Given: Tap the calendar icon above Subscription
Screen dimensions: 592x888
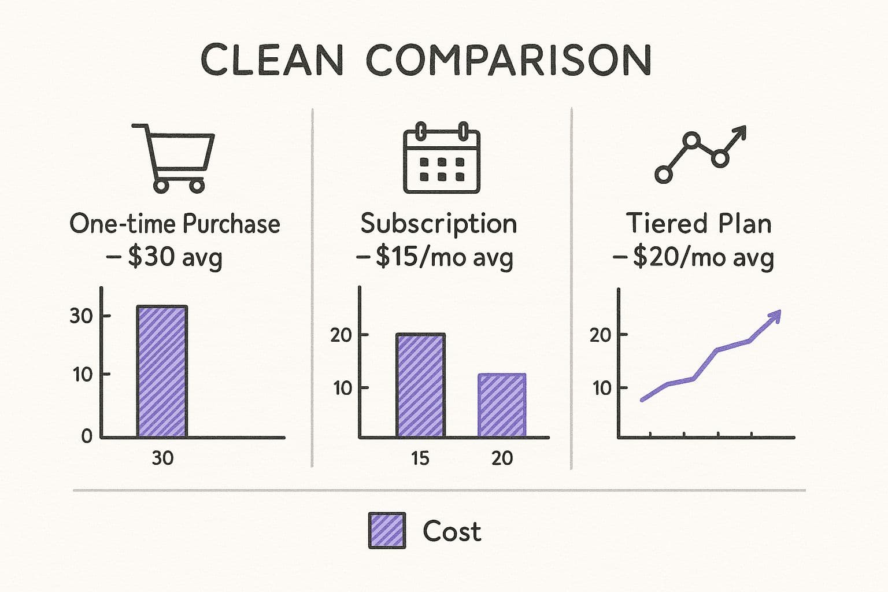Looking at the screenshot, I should pos(441,157).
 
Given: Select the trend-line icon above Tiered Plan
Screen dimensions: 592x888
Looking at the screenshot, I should pos(700,154).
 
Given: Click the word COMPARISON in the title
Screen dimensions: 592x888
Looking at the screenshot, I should pos(509,60).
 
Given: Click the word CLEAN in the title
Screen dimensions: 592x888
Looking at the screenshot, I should pos(272,60).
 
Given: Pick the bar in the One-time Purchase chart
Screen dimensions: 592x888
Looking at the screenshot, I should pos(162,371).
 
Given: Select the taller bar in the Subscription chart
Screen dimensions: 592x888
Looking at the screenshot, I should pos(420,385).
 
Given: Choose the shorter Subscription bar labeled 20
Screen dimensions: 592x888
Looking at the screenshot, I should pos(502,405).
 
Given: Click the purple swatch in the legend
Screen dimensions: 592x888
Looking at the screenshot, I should pos(387,530).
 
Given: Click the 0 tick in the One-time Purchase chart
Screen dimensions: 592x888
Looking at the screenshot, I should pos(86,436).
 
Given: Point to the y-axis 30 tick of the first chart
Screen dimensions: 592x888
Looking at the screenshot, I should pos(81,316).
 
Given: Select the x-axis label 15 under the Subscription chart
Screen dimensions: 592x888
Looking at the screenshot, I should pos(420,458).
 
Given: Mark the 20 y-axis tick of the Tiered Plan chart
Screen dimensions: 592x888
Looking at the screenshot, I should pos(601,335).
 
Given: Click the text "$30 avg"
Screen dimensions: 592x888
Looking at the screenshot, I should pos(175,257).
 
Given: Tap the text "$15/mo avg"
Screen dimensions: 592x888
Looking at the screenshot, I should pos(443,257).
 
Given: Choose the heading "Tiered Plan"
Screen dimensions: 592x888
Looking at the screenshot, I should pos(699,223).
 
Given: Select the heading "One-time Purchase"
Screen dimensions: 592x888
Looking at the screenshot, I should pos(175,223).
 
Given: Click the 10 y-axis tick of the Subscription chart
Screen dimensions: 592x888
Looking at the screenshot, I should pos(342,387).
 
